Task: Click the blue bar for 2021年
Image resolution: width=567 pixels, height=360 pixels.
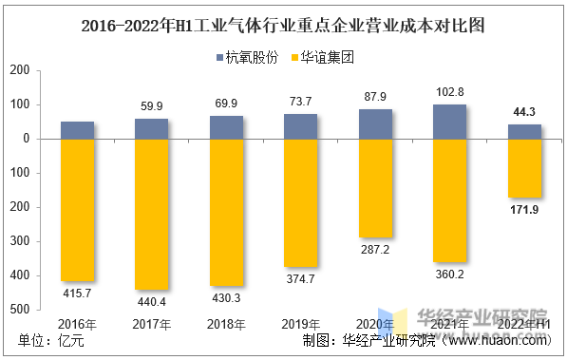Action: [x=449, y=122]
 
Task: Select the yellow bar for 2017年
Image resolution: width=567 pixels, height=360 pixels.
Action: [x=152, y=214]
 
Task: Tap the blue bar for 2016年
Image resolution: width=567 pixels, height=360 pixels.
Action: [x=77, y=130]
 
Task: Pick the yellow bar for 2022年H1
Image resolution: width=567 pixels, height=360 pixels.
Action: [x=524, y=168]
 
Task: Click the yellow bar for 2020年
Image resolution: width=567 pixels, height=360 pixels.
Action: [x=375, y=188]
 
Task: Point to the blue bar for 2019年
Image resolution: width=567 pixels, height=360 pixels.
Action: [x=300, y=126]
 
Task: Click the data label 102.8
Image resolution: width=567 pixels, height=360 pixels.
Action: [x=450, y=92]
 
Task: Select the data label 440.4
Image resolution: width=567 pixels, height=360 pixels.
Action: [x=152, y=301]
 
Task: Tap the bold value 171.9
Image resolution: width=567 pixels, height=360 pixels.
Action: [x=524, y=210]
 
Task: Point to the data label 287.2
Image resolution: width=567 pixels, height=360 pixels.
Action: [x=375, y=249]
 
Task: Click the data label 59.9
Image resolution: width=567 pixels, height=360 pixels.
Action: [x=152, y=106]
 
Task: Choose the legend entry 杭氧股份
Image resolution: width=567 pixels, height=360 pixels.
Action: [x=248, y=58]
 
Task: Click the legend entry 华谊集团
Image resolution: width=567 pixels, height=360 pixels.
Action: [x=322, y=58]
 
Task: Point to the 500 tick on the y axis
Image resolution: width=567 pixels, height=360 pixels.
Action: [x=20, y=310]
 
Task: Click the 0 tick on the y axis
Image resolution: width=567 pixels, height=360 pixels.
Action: [x=27, y=139]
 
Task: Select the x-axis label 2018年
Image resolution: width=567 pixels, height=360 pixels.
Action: [x=226, y=324]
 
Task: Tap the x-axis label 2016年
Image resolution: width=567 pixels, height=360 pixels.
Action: [x=77, y=324]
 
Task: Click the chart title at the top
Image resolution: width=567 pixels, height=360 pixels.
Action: [x=283, y=26]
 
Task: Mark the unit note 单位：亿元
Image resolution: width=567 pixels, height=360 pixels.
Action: [x=51, y=340]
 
